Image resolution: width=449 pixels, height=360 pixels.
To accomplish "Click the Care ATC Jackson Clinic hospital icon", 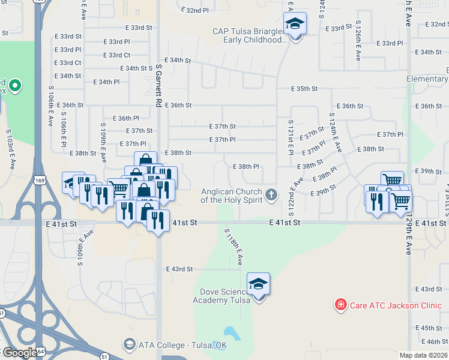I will point(341,305).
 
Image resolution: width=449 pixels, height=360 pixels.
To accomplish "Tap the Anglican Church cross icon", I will point(271,193).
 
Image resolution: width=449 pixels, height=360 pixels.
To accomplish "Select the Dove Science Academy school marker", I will point(258,285).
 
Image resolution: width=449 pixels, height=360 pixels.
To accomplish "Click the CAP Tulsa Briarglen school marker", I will point(295,25).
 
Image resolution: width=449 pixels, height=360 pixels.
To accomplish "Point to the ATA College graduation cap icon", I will point(128,344).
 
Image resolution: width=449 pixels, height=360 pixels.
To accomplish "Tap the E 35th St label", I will point(304,89).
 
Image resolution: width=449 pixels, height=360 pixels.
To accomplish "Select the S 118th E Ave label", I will point(233,246).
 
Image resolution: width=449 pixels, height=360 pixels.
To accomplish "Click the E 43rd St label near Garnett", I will point(179,269).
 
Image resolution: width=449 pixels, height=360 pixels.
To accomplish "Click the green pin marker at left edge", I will point(15,86).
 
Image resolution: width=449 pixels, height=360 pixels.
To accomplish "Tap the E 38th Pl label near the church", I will point(245,166).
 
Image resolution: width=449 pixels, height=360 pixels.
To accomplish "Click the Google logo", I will point(19,353).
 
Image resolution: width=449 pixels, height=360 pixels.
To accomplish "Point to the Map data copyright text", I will point(423,355).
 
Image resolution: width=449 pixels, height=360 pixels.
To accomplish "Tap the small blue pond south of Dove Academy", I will point(230,332).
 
